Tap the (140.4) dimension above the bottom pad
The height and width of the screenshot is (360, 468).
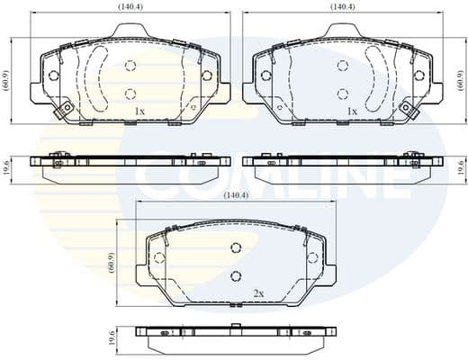[x=235, y=194]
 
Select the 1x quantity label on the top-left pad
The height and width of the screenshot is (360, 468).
[x=139, y=111]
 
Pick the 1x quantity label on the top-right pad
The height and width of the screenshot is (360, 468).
[x=353, y=111]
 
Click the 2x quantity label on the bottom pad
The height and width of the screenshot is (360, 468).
[x=258, y=293]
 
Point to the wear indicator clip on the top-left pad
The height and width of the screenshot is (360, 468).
[x=63, y=111]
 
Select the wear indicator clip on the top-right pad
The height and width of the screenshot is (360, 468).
[x=408, y=109]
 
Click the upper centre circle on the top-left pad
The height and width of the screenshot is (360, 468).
[x=130, y=66]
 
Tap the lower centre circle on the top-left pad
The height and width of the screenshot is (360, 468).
[x=130, y=93]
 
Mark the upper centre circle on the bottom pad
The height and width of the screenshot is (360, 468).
[x=236, y=248]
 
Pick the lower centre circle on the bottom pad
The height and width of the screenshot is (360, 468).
[x=236, y=276]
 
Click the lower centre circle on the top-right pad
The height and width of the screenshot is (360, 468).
[x=342, y=93]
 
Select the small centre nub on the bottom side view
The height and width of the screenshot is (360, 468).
[x=236, y=326]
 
